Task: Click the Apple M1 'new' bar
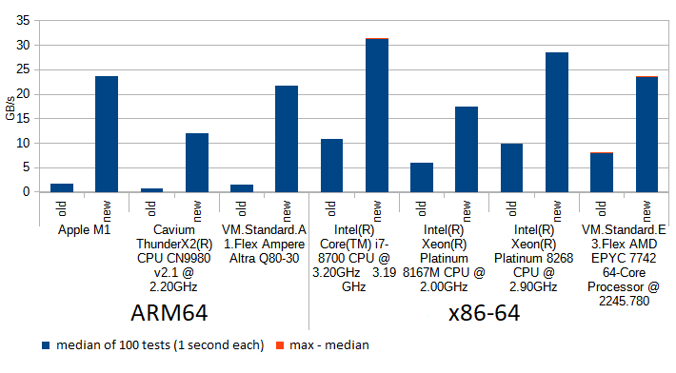point(107,134)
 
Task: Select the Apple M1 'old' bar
point(62,187)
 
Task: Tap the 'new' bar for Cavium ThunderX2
point(196,163)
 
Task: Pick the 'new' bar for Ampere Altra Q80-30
point(287,139)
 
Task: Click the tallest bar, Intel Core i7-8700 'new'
point(377,115)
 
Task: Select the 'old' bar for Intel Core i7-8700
point(331,166)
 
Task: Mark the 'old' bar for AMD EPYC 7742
point(602,172)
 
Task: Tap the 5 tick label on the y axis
point(27,167)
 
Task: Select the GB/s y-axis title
point(10,106)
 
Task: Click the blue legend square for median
point(47,344)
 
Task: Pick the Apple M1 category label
point(84,230)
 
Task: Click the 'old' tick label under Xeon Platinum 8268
point(512,207)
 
